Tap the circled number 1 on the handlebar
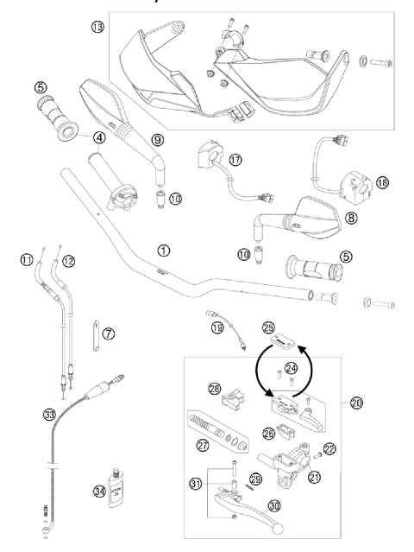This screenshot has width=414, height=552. [x=164, y=250]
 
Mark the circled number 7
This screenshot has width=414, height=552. [x=109, y=333]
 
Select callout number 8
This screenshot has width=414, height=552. [x=351, y=219]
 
